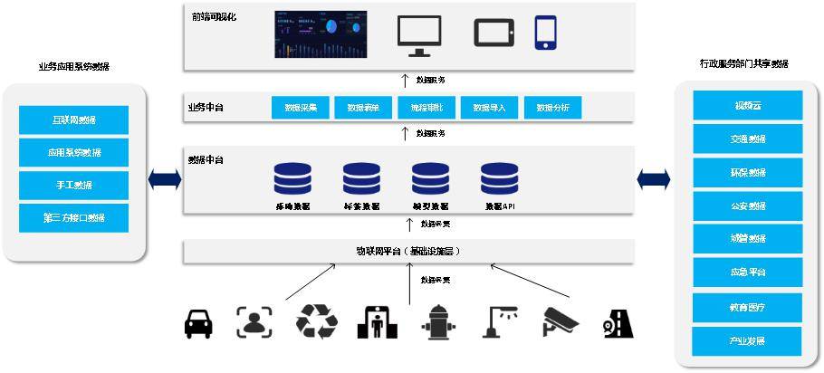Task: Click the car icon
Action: (198, 323)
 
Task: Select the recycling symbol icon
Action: (316, 321)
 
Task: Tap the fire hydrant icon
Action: (438, 322)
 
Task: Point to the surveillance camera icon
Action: (558, 321)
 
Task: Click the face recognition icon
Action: (254, 322)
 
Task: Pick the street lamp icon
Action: (499, 321)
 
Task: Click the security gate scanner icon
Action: (376, 322)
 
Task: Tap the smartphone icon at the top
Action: (545, 33)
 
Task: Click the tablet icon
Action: (493, 33)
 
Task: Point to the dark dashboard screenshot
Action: (321, 33)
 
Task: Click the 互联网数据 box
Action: (73, 120)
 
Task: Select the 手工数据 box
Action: (73, 185)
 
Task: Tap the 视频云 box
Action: (748, 106)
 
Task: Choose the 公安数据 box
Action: (748, 206)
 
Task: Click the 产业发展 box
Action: (748, 341)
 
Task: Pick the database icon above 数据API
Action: (499, 179)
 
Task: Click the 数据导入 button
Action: (489, 109)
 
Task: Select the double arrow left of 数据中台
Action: (165, 179)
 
